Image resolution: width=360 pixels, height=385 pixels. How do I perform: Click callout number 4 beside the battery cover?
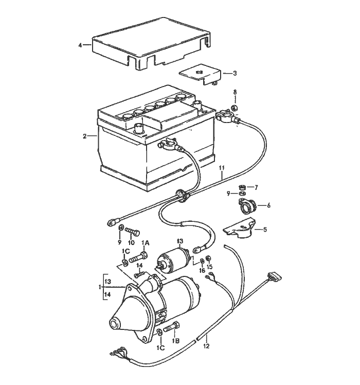80,45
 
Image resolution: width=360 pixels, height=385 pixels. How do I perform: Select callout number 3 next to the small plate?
235,74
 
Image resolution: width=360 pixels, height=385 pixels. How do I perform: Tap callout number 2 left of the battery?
84,136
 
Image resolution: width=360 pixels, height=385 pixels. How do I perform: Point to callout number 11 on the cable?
222,169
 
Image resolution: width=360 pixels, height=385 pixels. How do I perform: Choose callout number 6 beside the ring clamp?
268,205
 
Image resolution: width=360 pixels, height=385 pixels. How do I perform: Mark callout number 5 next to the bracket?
265,230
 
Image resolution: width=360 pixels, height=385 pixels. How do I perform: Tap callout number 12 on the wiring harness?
207,346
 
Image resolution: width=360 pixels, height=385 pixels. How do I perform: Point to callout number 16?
202,270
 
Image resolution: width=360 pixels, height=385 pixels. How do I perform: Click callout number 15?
209,267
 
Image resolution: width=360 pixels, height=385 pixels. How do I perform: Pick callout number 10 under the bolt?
131,242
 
